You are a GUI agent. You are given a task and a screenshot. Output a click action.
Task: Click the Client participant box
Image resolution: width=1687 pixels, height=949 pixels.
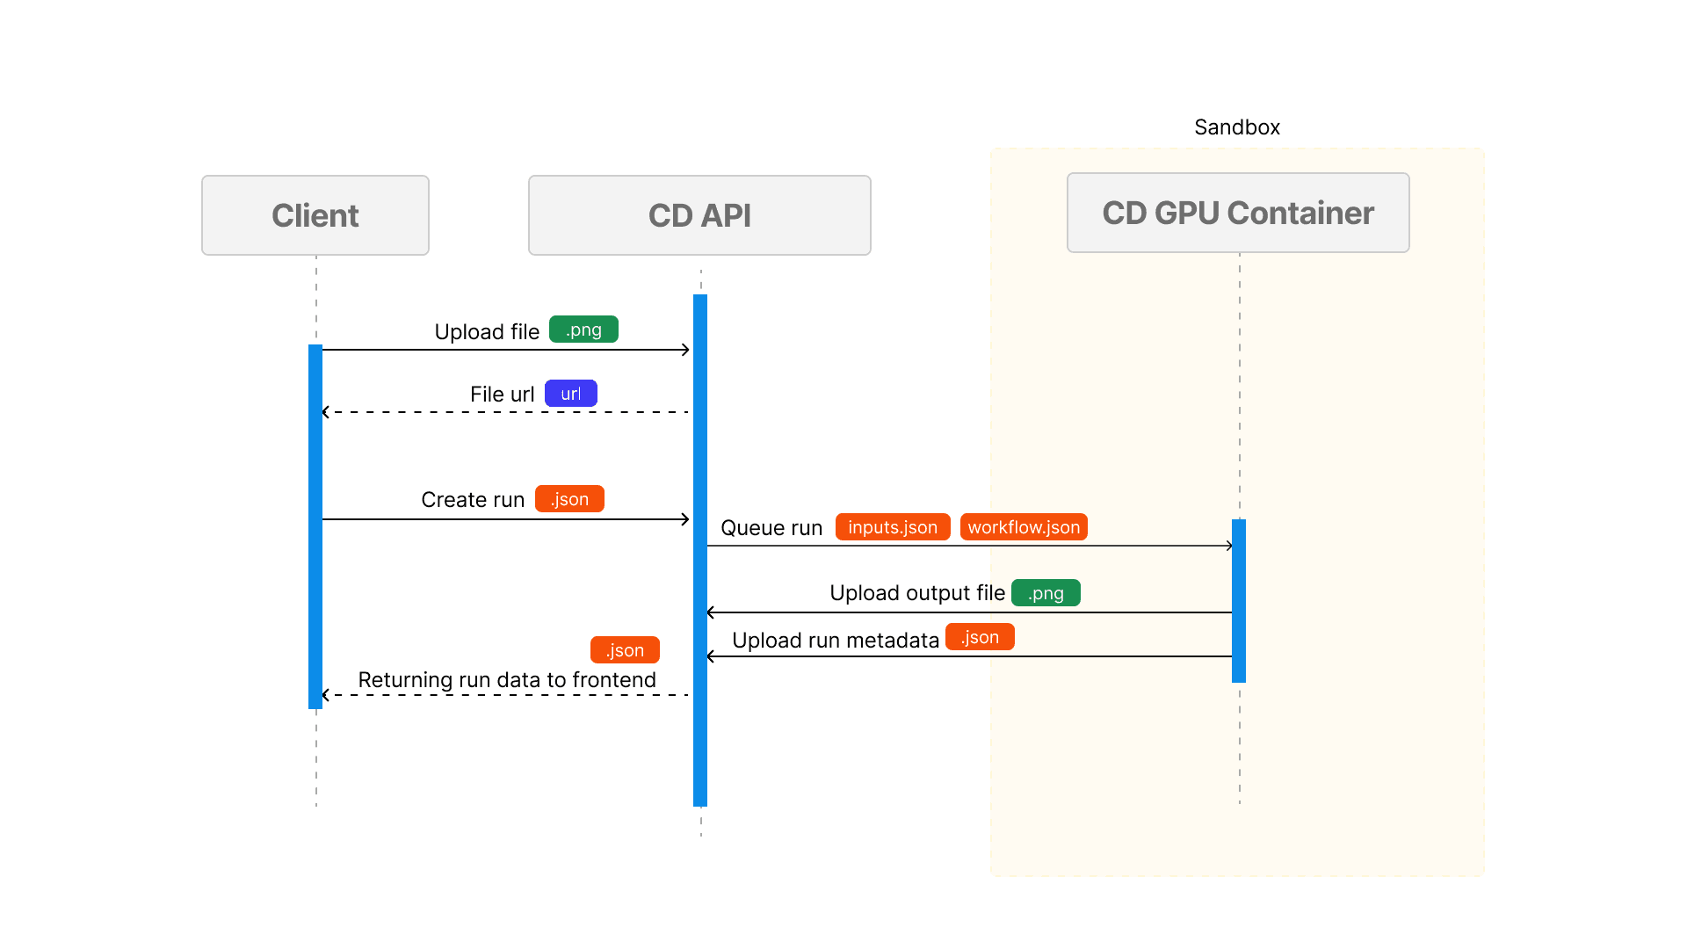click(315, 215)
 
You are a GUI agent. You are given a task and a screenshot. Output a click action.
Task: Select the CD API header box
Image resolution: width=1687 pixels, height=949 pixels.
click(699, 215)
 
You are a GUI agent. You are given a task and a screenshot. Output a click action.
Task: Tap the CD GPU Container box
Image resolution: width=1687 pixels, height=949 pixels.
click(1238, 213)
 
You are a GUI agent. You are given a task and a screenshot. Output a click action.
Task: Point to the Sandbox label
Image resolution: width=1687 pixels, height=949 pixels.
click(1236, 127)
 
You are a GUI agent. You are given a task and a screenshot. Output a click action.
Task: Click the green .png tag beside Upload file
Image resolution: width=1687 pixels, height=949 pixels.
click(583, 330)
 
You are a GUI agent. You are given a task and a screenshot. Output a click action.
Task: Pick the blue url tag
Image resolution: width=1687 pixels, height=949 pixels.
click(571, 394)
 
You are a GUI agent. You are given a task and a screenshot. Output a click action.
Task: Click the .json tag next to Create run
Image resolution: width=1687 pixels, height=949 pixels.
click(569, 499)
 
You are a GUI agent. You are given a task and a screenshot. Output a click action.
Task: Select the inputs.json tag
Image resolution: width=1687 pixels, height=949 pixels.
click(893, 527)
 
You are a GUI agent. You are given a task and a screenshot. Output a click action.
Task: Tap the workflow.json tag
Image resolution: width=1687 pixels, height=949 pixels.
click(1024, 527)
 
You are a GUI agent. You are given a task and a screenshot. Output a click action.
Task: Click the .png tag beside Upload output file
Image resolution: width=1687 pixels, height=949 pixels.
click(1046, 593)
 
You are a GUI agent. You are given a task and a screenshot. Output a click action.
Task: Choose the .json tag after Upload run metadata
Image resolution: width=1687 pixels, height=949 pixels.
click(980, 637)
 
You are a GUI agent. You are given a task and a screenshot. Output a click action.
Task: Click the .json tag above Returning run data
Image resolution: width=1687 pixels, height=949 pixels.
click(625, 650)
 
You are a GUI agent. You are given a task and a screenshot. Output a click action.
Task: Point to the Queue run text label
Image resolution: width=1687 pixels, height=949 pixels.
click(771, 528)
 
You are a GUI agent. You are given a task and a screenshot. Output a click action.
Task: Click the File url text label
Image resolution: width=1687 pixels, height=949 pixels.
click(502, 395)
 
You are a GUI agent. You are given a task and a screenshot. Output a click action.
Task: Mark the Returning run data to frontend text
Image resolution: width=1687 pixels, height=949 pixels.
click(507, 680)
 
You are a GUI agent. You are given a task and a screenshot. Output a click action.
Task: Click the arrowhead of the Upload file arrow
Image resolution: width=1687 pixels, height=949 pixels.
click(686, 350)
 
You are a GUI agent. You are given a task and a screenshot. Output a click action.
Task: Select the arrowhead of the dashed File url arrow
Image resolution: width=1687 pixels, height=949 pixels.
click(326, 412)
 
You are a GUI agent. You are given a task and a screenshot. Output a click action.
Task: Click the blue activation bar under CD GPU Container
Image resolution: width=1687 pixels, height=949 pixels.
click(1239, 601)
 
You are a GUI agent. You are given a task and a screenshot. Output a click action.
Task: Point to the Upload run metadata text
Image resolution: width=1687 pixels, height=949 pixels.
click(835, 641)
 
